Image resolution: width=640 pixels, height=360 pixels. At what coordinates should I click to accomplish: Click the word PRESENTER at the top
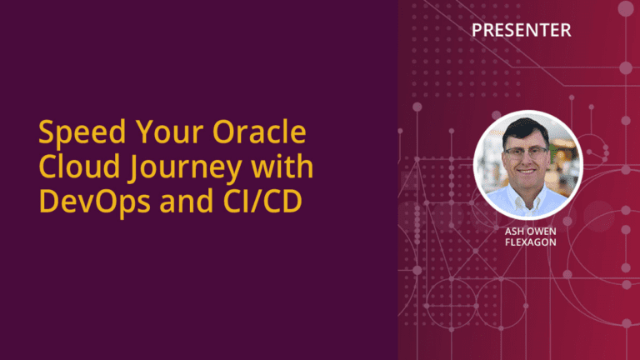click(521, 30)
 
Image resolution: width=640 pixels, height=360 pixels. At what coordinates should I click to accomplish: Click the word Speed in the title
click(82, 132)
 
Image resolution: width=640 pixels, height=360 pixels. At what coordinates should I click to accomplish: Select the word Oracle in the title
click(259, 132)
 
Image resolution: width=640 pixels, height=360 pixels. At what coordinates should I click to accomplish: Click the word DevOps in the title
click(95, 202)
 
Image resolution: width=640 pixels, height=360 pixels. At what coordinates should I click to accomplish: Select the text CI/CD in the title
click(262, 201)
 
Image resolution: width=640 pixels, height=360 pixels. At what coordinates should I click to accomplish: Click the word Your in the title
click(169, 132)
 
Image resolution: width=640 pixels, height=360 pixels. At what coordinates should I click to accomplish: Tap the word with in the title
click(282, 166)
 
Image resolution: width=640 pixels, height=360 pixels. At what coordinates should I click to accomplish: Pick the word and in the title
click(187, 201)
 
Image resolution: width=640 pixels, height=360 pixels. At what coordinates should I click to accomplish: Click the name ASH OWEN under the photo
click(530, 232)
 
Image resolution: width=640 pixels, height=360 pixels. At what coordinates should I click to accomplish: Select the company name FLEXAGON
click(530, 242)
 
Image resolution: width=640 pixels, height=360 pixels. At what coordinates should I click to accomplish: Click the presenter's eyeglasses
click(526, 153)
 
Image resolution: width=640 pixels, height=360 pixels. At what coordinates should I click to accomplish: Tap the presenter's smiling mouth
click(526, 172)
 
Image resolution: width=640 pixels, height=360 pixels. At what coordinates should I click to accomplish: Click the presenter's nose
click(526, 161)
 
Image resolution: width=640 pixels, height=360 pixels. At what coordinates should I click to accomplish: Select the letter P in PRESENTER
click(477, 30)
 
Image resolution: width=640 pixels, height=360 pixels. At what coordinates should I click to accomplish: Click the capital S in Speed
click(47, 132)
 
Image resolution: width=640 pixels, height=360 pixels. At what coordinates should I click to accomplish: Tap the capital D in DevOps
click(48, 201)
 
